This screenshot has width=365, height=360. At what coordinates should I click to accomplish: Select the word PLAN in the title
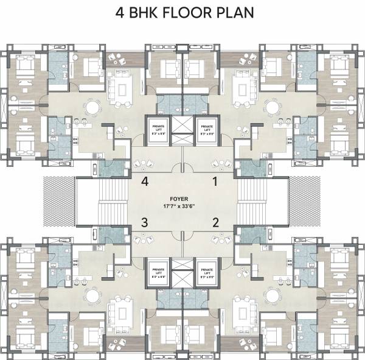235,13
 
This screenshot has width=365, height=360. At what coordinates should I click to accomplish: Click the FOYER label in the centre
182,199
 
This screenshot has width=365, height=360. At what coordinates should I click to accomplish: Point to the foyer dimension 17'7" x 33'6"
182,206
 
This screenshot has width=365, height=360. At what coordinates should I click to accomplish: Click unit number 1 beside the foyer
214,181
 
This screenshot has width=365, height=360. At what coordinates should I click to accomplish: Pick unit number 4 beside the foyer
145,181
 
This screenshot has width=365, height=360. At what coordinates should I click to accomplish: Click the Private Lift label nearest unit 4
157,129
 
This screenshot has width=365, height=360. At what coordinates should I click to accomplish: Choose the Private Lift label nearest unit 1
207,129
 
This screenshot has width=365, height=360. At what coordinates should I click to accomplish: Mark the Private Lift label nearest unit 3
157,272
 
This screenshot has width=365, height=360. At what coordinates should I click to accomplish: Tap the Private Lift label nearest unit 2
207,272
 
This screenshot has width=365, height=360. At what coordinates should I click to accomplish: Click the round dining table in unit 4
92,108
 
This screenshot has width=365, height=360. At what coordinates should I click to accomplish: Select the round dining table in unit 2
272,294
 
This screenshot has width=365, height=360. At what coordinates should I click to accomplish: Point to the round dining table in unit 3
92,294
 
